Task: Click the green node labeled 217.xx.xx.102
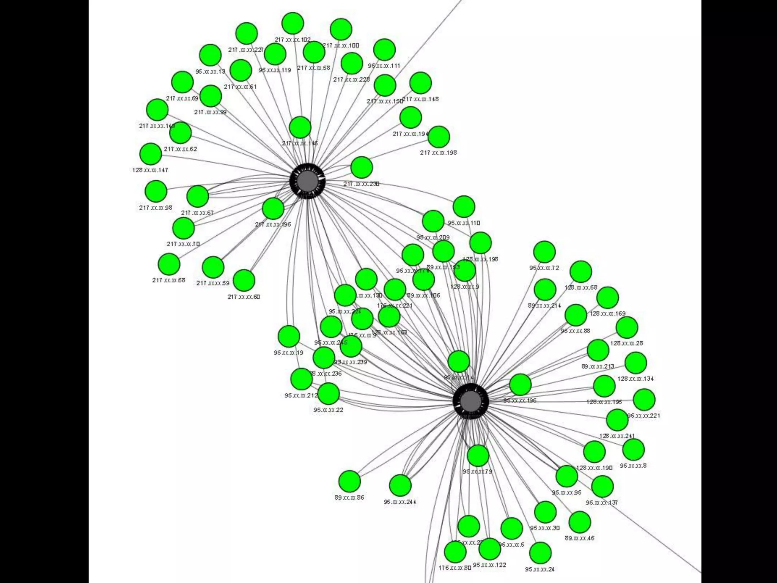point(293,23)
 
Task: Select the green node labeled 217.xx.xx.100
point(341,29)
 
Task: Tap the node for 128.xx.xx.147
point(151,154)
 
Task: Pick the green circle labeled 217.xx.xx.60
point(244,280)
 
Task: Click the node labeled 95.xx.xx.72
point(544,252)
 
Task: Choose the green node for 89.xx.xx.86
point(349,481)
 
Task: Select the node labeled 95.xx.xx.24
point(540,553)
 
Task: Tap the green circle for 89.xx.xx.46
point(580,522)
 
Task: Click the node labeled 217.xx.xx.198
point(439,137)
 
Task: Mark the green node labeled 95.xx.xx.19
point(289,336)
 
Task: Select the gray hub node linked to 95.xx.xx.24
point(471,401)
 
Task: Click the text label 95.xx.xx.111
point(384,66)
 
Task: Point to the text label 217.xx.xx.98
point(156,208)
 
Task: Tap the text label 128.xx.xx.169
point(608,314)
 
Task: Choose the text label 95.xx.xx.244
point(400,502)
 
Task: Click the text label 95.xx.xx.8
point(633,465)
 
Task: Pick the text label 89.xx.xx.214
point(544,306)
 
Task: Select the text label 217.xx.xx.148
point(420,99)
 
